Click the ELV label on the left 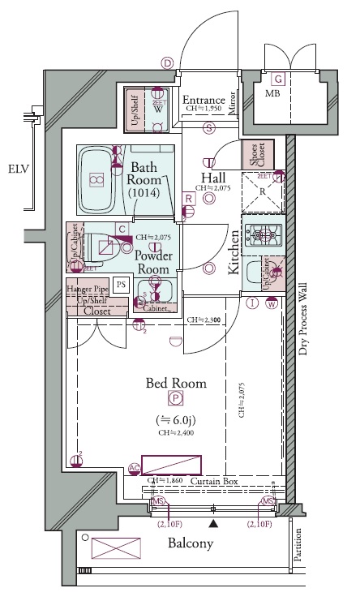point(18,170)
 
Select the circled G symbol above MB point(278,79)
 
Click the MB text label point(274,94)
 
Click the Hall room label point(214,177)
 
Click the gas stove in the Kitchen point(262,236)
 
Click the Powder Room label point(152,261)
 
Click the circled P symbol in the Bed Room point(174,397)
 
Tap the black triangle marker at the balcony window point(213,525)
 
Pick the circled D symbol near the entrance point(168,63)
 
